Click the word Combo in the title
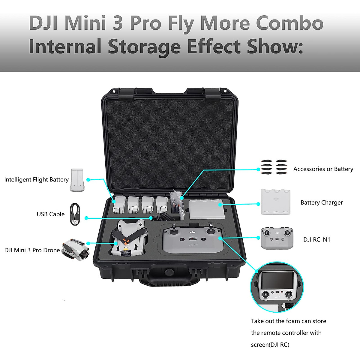coord(289,23)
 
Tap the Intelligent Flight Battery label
coord(36,180)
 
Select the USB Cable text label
coord(50,214)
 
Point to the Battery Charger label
coord(322,202)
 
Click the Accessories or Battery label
coord(323,169)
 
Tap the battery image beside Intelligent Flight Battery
coord(78,180)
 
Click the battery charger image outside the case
coord(276,202)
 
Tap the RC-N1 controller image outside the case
coord(277,238)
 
